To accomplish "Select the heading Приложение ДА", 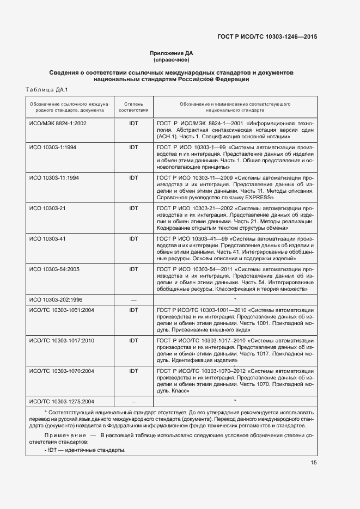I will (172, 53).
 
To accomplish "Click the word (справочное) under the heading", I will (172, 60).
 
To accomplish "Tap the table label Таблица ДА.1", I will (46, 89).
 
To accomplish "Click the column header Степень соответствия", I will (133, 106).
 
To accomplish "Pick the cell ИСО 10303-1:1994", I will (53, 147).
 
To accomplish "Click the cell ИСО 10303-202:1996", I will (57, 299).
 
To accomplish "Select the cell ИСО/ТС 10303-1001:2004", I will (62, 310).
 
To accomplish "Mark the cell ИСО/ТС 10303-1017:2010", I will (62, 340).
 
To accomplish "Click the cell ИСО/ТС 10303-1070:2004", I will (62, 371).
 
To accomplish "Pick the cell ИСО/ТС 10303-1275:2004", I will (62, 401).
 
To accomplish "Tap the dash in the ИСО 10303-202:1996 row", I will (133, 299).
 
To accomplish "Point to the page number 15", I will (314, 463).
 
